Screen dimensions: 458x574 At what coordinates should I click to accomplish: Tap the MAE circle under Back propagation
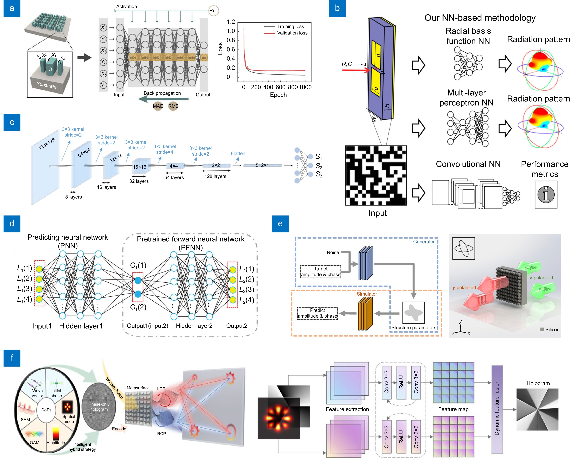[x=158, y=106]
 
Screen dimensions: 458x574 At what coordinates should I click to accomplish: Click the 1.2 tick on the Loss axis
[x=231, y=22]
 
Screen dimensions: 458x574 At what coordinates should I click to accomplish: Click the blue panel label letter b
[x=337, y=8]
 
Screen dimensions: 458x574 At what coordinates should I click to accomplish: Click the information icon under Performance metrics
[x=546, y=194]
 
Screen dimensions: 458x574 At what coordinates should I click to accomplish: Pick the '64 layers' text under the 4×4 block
[x=174, y=178]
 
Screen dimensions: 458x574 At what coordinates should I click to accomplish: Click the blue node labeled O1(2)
[x=138, y=294]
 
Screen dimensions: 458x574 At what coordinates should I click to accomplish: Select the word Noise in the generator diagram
[x=333, y=252]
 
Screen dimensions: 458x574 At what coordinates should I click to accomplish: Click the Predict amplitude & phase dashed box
[x=317, y=313]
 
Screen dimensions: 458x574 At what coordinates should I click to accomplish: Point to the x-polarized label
[x=541, y=278]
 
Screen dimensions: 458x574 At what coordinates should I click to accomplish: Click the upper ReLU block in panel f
[x=401, y=382]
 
